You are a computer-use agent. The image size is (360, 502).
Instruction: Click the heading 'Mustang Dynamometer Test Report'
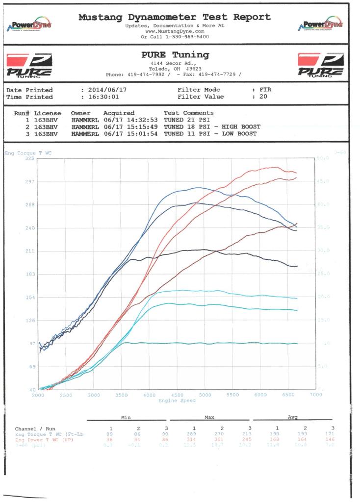(175, 17)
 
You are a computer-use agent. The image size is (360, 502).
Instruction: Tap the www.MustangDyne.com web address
(175, 31)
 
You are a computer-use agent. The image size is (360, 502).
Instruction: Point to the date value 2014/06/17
(105, 90)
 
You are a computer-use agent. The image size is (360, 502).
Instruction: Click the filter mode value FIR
(265, 90)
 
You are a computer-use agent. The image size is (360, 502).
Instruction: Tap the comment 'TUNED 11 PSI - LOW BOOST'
(208, 134)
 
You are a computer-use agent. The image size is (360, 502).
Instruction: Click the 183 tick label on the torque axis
(29, 275)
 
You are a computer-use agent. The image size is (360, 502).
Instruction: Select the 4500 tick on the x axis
(178, 395)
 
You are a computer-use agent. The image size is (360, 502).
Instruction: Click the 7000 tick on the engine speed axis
(316, 395)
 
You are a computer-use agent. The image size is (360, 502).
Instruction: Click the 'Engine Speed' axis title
(177, 401)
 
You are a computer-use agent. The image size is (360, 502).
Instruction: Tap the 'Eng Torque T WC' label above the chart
(28, 153)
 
